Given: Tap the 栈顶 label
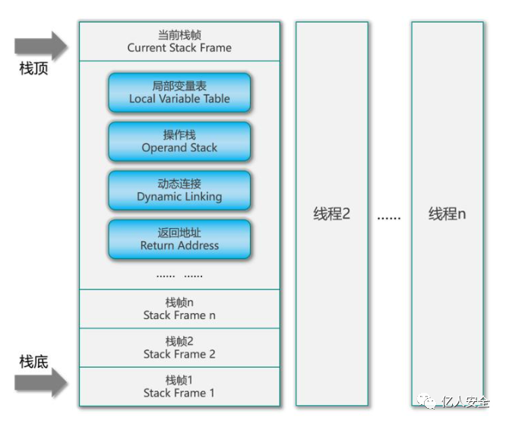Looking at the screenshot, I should [34, 69].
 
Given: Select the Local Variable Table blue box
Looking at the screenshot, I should [179, 93].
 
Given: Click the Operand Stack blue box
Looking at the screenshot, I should [179, 141].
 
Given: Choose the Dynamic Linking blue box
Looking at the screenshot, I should [179, 190].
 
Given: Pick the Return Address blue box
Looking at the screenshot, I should [179, 239].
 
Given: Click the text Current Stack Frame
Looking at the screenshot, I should [179, 48].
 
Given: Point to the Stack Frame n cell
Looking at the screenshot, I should [179, 309].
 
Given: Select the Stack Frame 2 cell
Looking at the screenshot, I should [179, 347].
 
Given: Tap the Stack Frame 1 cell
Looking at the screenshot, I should [179, 387].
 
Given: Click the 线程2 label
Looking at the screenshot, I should [332, 214].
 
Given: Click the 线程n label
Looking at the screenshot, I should [447, 214].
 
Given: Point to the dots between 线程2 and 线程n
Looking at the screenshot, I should [389, 217].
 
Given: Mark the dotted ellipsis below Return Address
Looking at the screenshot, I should [179, 274].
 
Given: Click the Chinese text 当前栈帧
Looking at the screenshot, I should [179, 35].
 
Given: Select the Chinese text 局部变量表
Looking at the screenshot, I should [179, 86].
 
